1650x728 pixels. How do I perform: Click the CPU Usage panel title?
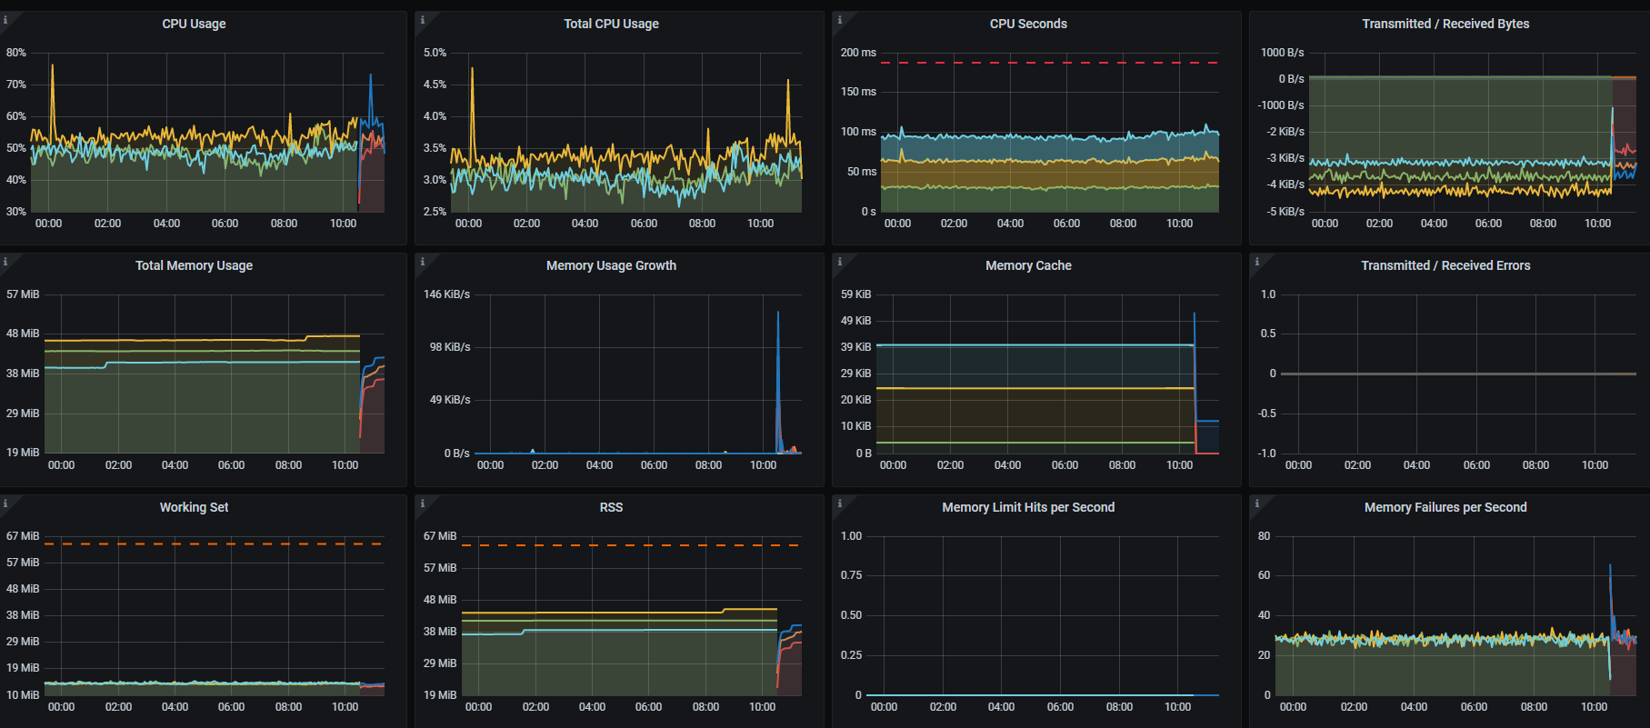click(194, 24)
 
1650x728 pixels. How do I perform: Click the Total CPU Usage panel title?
click(611, 24)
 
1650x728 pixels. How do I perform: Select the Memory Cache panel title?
click(1028, 265)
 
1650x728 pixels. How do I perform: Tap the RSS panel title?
click(611, 507)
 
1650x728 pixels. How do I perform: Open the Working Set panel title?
click(194, 507)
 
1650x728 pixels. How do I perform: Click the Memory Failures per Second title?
click(1445, 507)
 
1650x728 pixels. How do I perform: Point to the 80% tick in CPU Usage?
click(16, 53)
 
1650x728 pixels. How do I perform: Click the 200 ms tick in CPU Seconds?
click(858, 53)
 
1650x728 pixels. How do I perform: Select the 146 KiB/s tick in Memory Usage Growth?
click(446, 294)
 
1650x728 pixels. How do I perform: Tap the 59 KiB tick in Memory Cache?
click(855, 294)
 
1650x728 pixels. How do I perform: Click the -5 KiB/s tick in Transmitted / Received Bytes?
click(1285, 212)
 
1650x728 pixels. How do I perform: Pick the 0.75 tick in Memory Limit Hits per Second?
click(851, 575)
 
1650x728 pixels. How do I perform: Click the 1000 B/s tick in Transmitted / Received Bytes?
click(1282, 53)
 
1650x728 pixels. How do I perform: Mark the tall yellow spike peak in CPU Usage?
click(52, 65)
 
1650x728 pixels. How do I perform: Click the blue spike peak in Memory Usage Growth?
click(778, 313)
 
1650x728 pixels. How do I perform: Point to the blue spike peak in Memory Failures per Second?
click(1610, 566)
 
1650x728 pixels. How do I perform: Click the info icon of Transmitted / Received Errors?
click(1257, 262)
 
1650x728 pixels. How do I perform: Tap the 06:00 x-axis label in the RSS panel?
click(648, 707)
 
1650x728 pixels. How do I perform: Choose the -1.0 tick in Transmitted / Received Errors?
click(1267, 454)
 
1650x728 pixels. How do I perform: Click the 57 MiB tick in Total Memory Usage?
click(23, 294)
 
